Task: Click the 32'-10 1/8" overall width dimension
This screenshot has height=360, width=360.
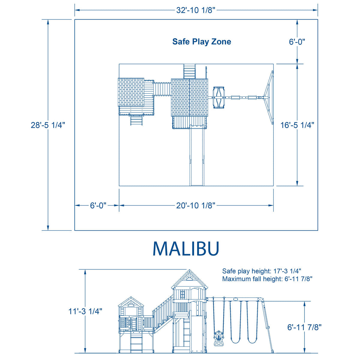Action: click(x=196, y=10)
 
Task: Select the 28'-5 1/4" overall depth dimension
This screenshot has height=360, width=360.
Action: click(x=48, y=125)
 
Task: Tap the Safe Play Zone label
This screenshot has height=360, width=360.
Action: click(x=202, y=41)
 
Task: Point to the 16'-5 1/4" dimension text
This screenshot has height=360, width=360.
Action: click(x=297, y=125)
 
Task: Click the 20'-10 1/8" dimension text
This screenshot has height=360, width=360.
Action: click(x=196, y=205)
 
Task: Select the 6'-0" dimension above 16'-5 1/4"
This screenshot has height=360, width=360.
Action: click(x=297, y=42)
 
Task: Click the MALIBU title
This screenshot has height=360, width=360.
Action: click(x=186, y=248)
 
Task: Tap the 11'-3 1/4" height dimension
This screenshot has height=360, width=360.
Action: click(x=85, y=311)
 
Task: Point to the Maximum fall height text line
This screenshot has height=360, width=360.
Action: click(x=267, y=279)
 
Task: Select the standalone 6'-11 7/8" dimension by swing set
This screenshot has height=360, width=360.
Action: click(x=304, y=327)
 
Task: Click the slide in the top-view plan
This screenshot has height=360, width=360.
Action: click(x=197, y=156)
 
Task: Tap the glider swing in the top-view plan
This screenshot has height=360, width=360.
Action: click(x=219, y=97)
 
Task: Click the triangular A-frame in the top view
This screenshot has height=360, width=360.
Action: click(x=269, y=97)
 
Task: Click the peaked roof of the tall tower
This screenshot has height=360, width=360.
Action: click(x=189, y=279)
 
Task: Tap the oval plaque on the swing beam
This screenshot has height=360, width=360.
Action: click(x=235, y=299)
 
